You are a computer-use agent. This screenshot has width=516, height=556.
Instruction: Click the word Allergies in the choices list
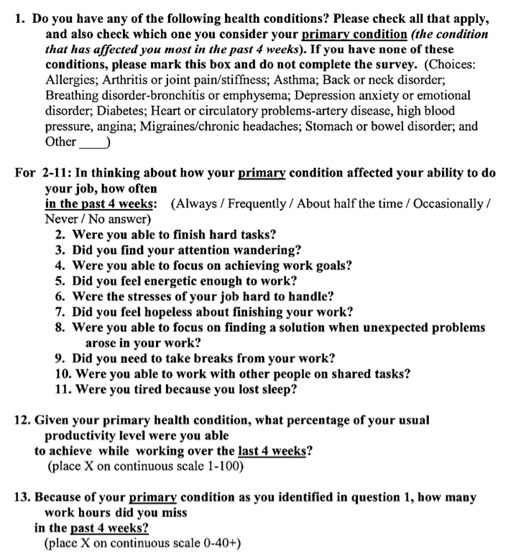[x=69, y=80]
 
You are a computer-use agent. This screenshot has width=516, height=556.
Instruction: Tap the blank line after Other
[x=91, y=142]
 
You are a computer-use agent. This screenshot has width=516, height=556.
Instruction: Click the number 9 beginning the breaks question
[x=59, y=358]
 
